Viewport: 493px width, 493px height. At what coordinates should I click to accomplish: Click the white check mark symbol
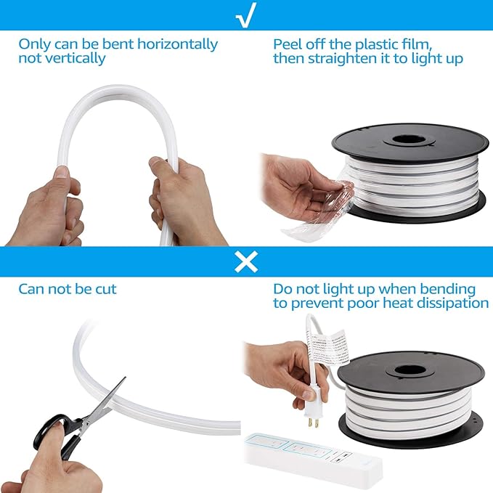coord(246,15)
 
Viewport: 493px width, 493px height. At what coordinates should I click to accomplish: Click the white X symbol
coord(246,261)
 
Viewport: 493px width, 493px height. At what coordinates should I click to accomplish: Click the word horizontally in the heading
coord(177,44)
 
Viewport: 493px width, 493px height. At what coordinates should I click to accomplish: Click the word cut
coord(106,289)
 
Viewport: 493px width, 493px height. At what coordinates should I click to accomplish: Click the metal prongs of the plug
coord(313,423)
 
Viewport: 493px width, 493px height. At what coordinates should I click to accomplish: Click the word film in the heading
coord(417,44)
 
